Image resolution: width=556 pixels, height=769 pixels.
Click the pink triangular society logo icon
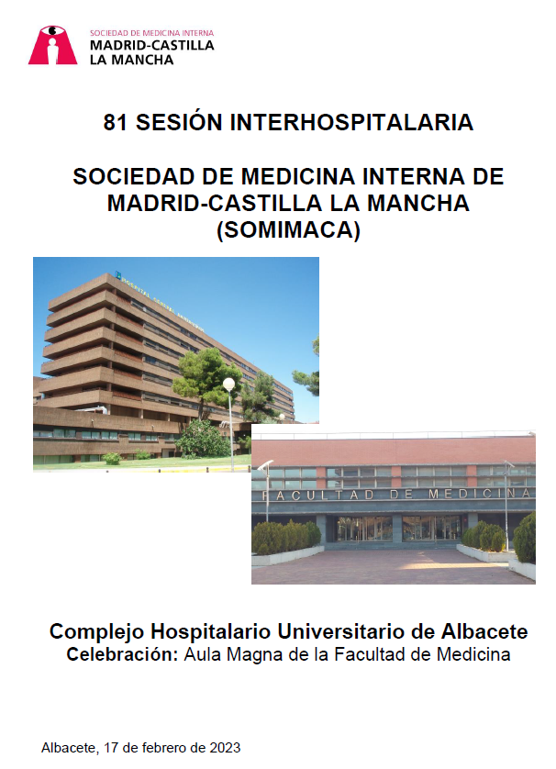coord(52,45)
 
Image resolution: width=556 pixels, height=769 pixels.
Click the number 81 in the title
coord(116,122)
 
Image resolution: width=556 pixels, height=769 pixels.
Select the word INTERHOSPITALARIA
coord(351,122)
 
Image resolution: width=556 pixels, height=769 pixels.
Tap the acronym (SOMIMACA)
coord(288,229)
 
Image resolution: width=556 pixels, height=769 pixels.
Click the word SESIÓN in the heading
coord(179,122)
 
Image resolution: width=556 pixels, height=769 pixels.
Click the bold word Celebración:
coord(123,654)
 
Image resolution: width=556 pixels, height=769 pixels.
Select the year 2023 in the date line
coord(225,747)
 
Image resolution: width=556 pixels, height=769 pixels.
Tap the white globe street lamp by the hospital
coord(229,384)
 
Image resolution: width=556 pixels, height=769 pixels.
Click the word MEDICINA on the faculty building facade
coord(479,494)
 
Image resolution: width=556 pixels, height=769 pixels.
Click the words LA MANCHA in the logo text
coord(131,60)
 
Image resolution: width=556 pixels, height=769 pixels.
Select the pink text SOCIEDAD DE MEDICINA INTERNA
coord(151,33)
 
